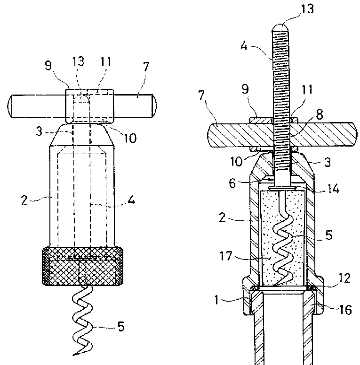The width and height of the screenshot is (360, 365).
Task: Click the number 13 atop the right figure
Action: pos(307,9)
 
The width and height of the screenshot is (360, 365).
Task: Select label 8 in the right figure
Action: pos(319,114)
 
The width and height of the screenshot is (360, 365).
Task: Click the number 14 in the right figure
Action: pos(332,189)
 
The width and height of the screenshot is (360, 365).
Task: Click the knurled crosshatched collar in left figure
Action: pos(82,266)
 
